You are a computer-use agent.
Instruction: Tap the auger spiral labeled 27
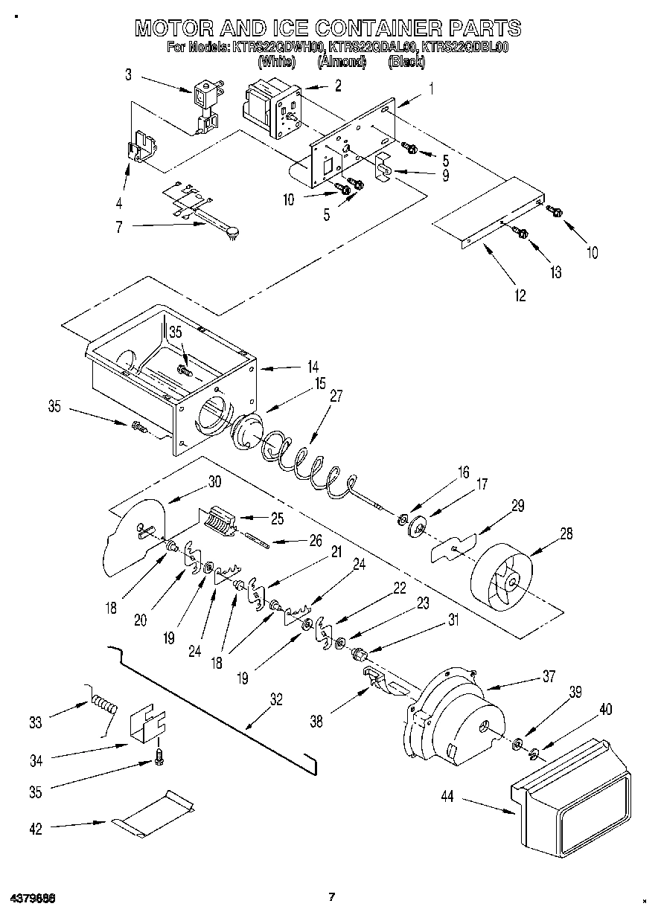point(305,466)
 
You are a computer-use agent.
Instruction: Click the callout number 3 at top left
point(128,74)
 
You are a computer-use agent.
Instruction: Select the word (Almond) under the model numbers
point(342,62)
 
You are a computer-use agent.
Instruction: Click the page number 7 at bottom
point(333,896)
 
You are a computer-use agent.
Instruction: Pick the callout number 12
point(520,295)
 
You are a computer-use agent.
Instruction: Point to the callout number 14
point(313,367)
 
